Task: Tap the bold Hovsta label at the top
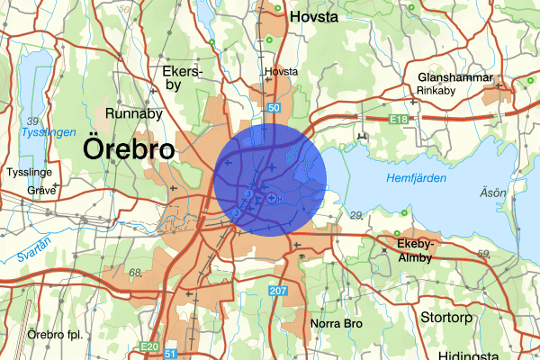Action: (312, 15)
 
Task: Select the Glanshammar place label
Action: (455, 77)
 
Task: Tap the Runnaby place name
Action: (133, 114)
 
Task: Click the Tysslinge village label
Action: (32, 171)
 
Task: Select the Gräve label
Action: (41, 190)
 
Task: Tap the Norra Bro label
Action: (336, 323)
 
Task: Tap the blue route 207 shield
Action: (278, 291)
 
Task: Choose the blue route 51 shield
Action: (170, 355)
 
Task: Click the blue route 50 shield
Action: (273, 108)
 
